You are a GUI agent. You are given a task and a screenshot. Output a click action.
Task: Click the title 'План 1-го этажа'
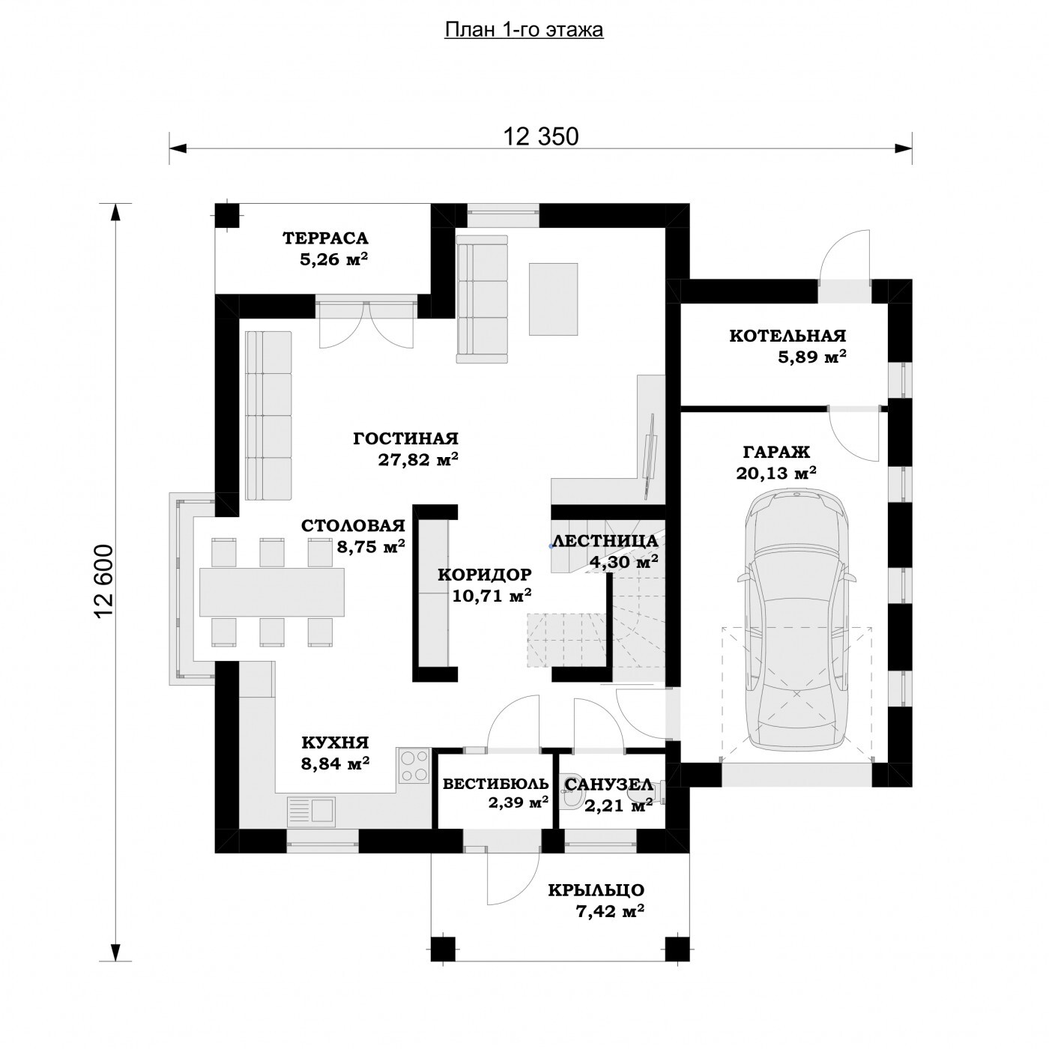coord(524,30)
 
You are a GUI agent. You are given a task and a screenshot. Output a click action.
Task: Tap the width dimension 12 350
coord(540,136)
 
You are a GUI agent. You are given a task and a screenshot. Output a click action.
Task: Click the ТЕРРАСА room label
coord(325,238)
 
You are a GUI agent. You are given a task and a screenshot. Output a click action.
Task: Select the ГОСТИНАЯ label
coord(405,438)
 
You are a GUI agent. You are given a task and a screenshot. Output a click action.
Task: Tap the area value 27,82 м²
coord(418,459)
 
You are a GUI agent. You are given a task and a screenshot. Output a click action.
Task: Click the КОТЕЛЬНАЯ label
coord(787,336)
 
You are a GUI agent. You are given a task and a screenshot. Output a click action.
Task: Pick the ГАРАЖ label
coord(776,452)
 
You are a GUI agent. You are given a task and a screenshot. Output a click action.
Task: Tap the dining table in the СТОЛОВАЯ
coord(272,592)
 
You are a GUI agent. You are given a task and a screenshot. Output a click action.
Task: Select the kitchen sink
coord(311,809)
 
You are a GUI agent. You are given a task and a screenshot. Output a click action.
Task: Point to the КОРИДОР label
coord(485,574)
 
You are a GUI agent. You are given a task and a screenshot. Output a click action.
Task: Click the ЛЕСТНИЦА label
coord(605,541)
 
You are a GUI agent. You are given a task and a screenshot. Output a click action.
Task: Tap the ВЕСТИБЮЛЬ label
coord(495,783)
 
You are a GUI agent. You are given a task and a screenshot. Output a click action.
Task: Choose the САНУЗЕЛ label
coord(608,784)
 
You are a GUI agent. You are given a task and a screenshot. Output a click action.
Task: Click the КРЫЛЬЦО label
coord(596,889)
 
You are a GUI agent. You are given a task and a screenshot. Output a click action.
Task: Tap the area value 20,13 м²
coord(776,473)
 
